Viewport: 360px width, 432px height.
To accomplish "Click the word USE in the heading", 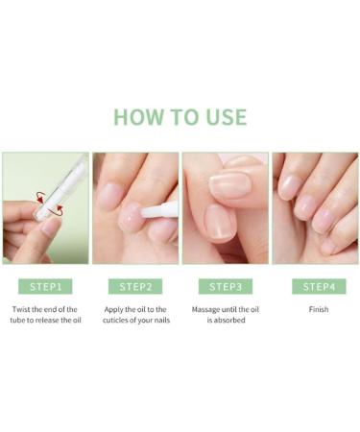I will click(x=224, y=117).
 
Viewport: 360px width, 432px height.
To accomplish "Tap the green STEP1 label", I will click(x=46, y=286).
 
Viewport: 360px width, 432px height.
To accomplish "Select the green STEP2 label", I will click(x=135, y=286).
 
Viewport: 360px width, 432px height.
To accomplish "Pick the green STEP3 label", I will click(x=225, y=286).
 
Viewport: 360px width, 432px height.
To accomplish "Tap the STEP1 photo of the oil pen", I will click(x=46, y=208).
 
